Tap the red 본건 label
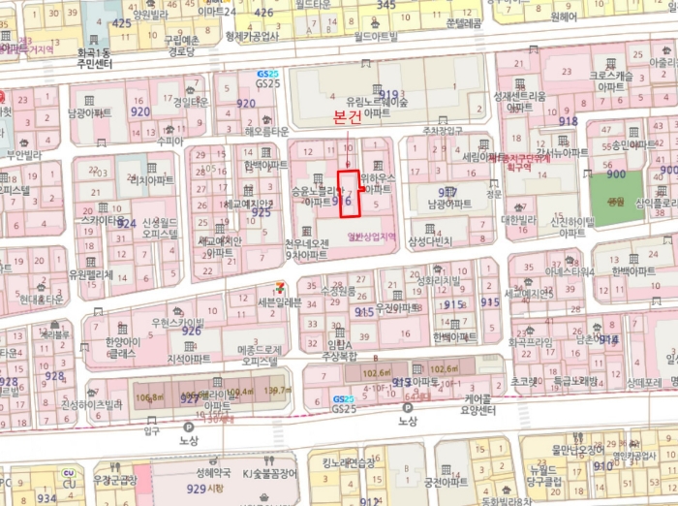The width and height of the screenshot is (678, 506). tap(347, 117)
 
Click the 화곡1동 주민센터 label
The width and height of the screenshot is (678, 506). tap(95, 57)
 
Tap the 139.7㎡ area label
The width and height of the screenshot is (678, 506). tap(277, 390)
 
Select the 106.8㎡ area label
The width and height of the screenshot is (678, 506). tap(150, 396)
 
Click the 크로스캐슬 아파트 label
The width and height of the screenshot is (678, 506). tap(610, 80)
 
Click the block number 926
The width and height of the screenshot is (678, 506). tap(192, 331)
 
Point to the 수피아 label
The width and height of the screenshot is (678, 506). tap(169, 141)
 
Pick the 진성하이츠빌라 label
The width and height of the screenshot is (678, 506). tap(92, 404)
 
